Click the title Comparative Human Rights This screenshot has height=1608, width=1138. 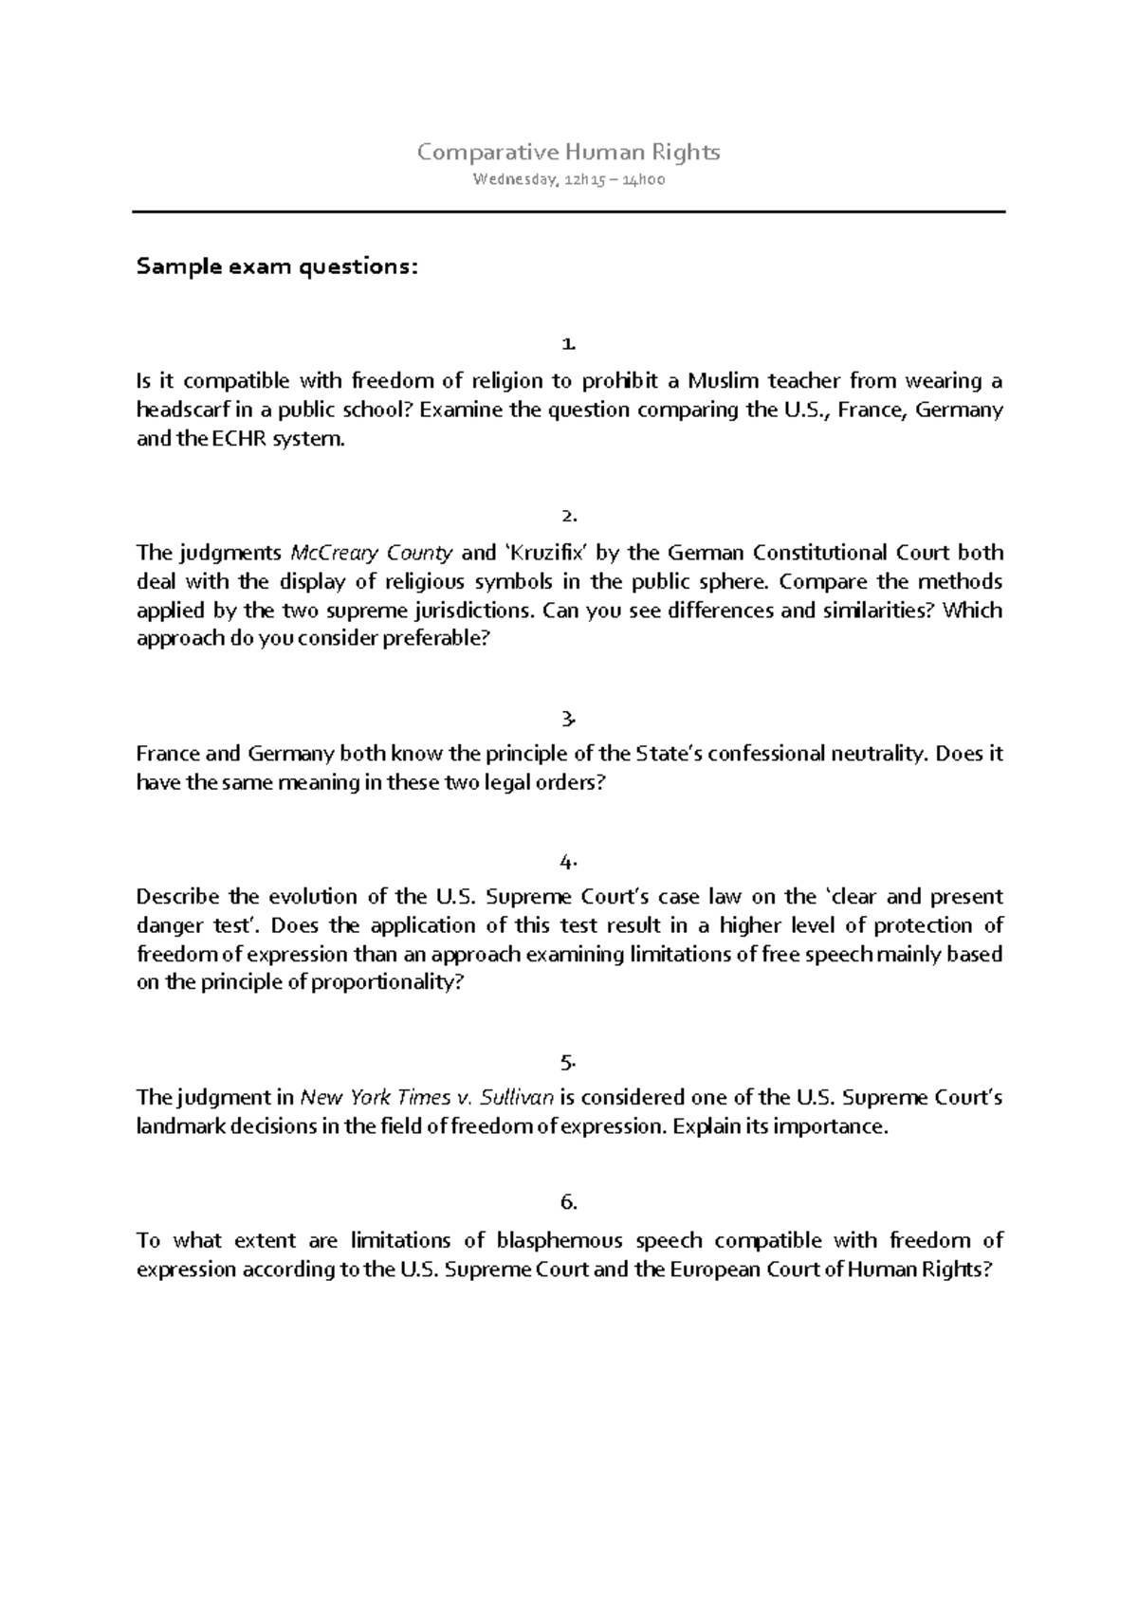tap(569, 152)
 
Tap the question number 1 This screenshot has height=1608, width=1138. tap(568, 342)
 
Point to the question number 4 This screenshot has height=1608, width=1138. tap(568, 862)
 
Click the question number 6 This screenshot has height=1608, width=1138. tap(568, 1202)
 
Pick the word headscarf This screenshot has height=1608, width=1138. tap(176, 410)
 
